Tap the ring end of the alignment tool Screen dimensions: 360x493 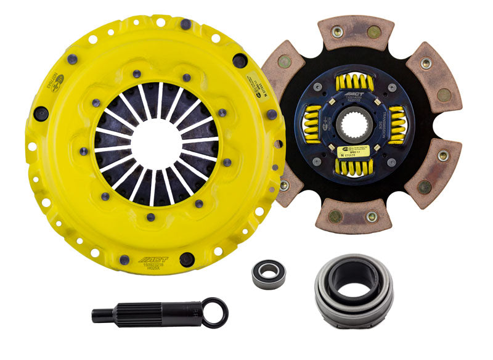point(215,313)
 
